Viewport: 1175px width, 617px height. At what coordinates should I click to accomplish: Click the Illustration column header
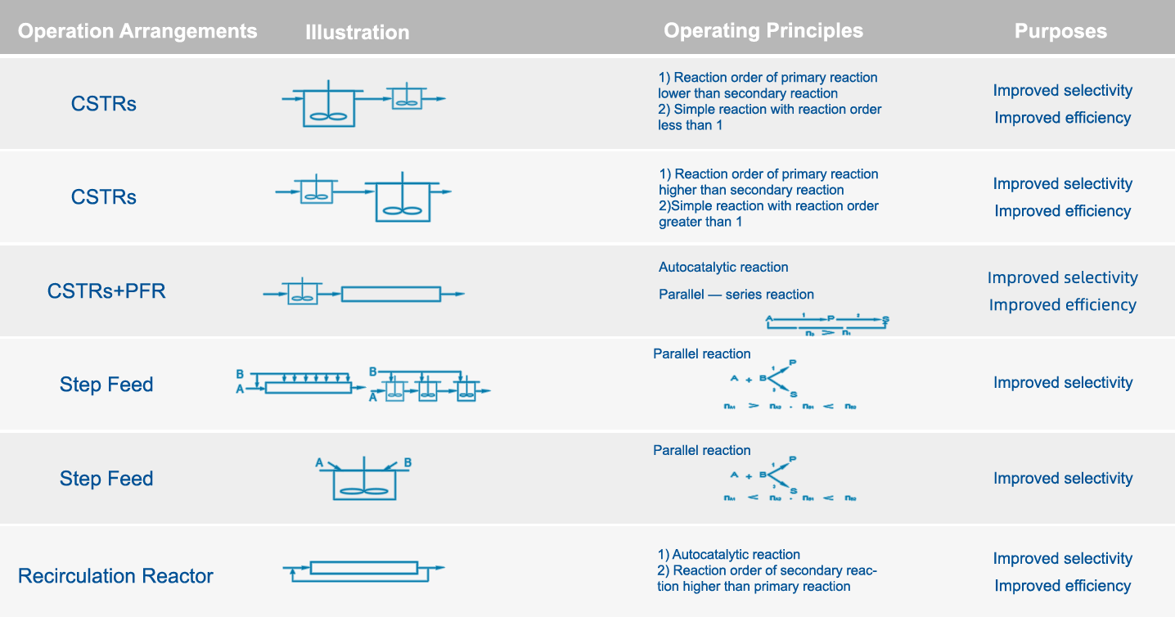pyautogui.click(x=358, y=33)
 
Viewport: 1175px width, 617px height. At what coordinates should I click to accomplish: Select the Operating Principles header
pyautogui.click(x=763, y=31)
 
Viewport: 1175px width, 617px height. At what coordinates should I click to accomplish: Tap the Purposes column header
pyautogui.click(x=1060, y=31)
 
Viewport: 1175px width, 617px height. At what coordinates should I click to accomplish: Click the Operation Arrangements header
pyautogui.click(x=137, y=32)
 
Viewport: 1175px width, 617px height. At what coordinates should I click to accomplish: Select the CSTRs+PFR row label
pyautogui.click(x=106, y=290)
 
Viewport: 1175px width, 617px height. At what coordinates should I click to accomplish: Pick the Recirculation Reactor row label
pyautogui.click(x=115, y=575)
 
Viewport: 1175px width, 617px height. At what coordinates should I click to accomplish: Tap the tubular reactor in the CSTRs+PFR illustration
pyautogui.click(x=390, y=294)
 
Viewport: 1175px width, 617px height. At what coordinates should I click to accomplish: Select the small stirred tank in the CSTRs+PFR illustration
pyautogui.click(x=302, y=294)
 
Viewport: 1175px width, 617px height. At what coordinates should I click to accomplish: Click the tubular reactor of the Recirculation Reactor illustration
pyautogui.click(x=364, y=567)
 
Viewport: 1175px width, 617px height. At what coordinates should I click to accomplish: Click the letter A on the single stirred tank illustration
pyautogui.click(x=320, y=463)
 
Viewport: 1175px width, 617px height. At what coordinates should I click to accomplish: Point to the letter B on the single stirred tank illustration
pyautogui.click(x=407, y=463)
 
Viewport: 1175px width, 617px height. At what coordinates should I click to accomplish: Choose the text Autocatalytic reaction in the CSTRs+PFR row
pyautogui.click(x=723, y=268)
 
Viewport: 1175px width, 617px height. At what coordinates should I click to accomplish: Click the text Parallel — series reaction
pyautogui.click(x=736, y=295)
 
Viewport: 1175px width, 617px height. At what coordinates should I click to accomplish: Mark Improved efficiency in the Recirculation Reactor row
pyautogui.click(x=1062, y=586)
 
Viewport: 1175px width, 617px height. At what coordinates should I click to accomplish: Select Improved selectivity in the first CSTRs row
pyautogui.click(x=1062, y=91)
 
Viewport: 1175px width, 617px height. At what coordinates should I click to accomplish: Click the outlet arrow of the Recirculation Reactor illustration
pyautogui.click(x=439, y=567)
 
